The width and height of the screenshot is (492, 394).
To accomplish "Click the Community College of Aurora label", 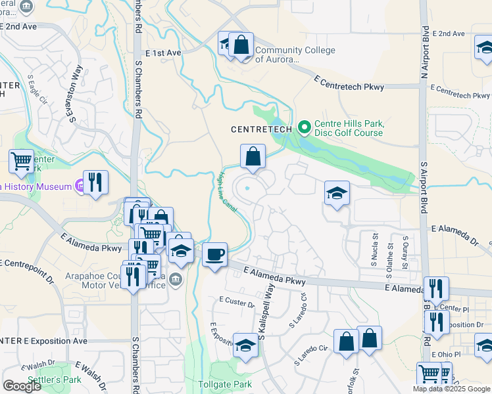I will (295, 55).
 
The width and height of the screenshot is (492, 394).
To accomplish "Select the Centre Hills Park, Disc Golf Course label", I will (349, 128).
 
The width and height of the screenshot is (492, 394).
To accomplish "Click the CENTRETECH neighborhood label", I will (261, 129).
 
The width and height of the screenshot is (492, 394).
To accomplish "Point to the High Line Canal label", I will (226, 192).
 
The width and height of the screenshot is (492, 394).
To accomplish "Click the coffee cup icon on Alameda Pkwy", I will (214, 255).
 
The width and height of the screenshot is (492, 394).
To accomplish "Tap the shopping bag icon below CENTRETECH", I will (253, 157).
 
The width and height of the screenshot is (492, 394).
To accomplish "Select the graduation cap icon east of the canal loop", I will (337, 194).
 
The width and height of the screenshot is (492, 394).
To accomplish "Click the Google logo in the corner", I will (22, 386).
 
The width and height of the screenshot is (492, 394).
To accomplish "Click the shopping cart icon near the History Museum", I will (22, 160).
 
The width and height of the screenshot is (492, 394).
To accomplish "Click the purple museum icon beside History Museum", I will (80, 186).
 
